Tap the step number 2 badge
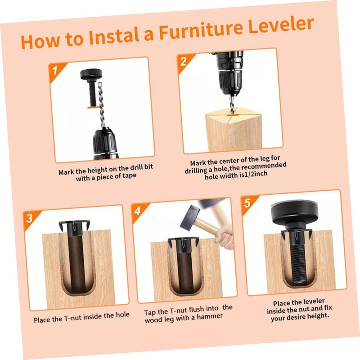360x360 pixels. [x=183, y=61]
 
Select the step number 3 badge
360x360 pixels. [x=29, y=219]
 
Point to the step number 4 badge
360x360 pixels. [x=138, y=210]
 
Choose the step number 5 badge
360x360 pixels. [x=247, y=202]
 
